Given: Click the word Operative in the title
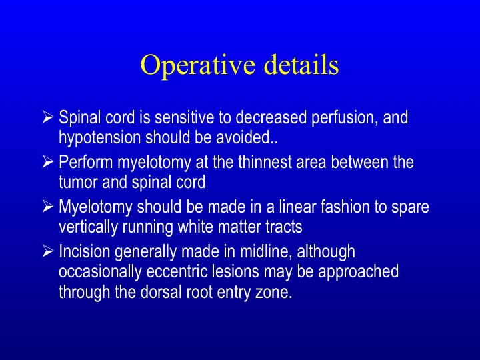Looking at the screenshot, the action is (197, 66).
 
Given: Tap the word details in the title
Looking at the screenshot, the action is (301, 64).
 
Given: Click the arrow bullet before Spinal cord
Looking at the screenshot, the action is (48, 117).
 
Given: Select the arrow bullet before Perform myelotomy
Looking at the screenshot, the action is (48, 161).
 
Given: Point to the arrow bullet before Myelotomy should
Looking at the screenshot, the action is (48, 206).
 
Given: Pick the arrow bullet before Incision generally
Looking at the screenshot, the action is (48, 251).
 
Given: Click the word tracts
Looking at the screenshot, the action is (284, 227).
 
